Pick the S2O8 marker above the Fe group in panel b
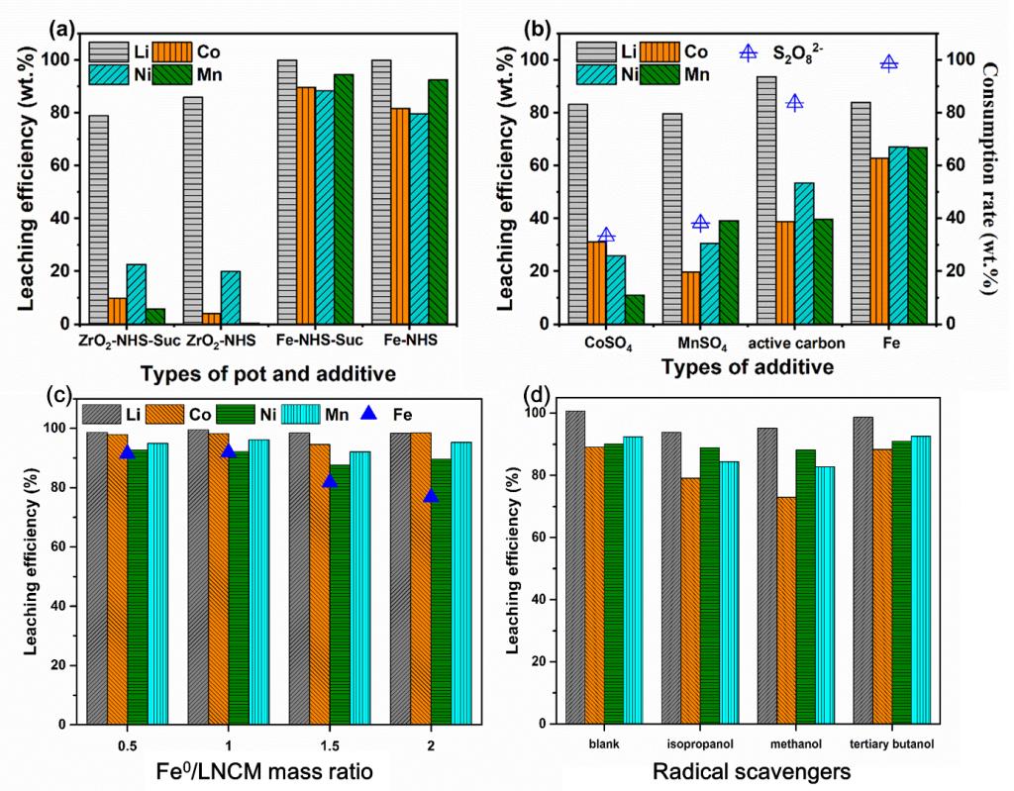[888, 63]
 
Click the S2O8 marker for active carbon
[793, 103]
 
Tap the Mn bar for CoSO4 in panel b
[634, 309]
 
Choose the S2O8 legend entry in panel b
[749, 52]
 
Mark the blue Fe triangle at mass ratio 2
[431, 495]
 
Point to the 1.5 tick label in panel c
[330, 744]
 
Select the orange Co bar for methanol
[786, 610]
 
